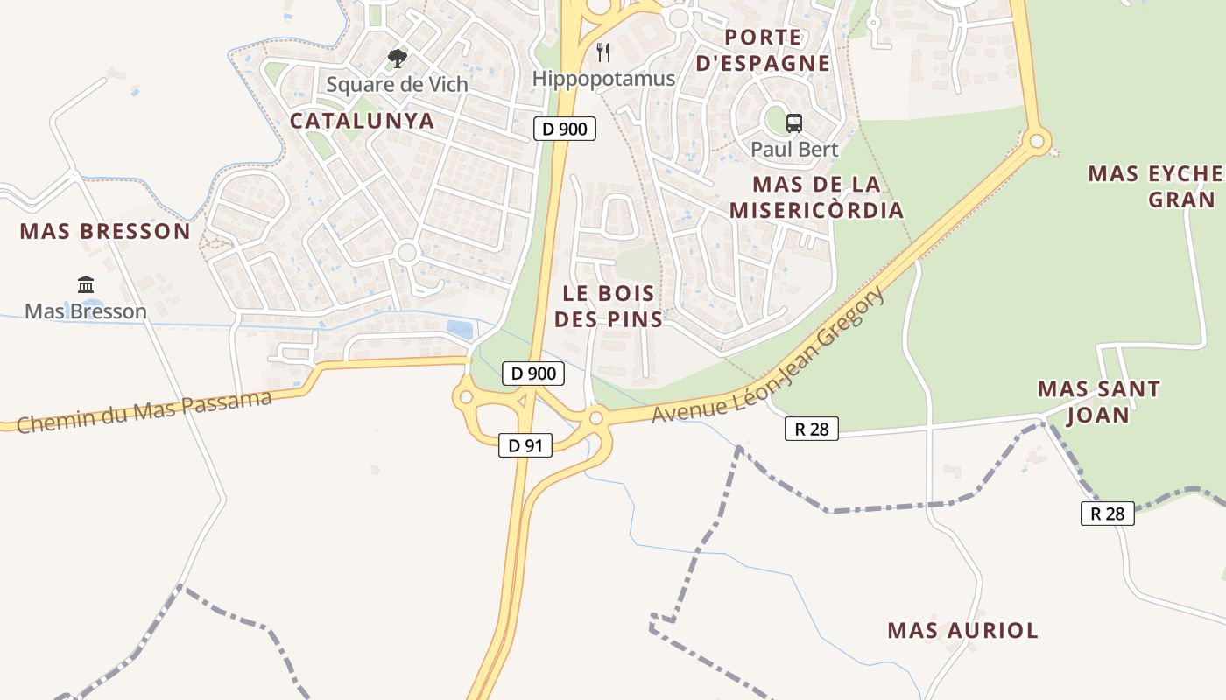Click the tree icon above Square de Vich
(398, 59)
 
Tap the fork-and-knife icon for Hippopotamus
(603, 52)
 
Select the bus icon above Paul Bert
(794, 123)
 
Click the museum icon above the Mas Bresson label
(86, 284)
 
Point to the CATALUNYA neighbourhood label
(362, 121)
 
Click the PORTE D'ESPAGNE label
(764, 50)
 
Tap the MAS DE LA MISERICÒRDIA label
(816, 198)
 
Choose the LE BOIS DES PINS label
(609, 306)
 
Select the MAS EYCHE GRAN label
(1155, 186)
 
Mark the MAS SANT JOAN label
(1099, 402)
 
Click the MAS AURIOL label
(962, 630)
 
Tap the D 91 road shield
(525, 445)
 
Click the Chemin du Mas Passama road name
(144, 412)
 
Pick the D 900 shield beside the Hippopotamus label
(565, 129)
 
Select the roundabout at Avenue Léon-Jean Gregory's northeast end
(1038, 140)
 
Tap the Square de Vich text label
(397, 85)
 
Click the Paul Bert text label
(794, 149)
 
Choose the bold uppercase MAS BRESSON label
(105, 231)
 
